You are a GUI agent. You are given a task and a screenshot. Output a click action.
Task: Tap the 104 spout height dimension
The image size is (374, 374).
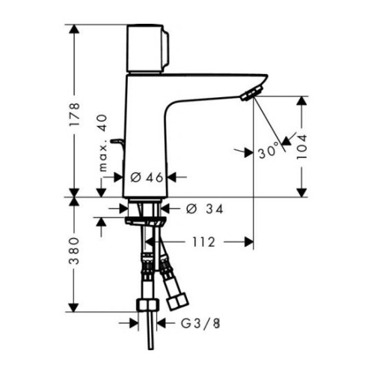pyautogui.click(x=301, y=144)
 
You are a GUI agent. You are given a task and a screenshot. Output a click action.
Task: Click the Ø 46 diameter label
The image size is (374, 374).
pyautogui.click(x=146, y=177)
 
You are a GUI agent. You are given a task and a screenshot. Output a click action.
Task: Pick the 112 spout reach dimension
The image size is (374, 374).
pyautogui.click(x=203, y=242)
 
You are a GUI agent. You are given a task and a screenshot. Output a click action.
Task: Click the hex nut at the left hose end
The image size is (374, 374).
pyautogui.click(x=145, y=306)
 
